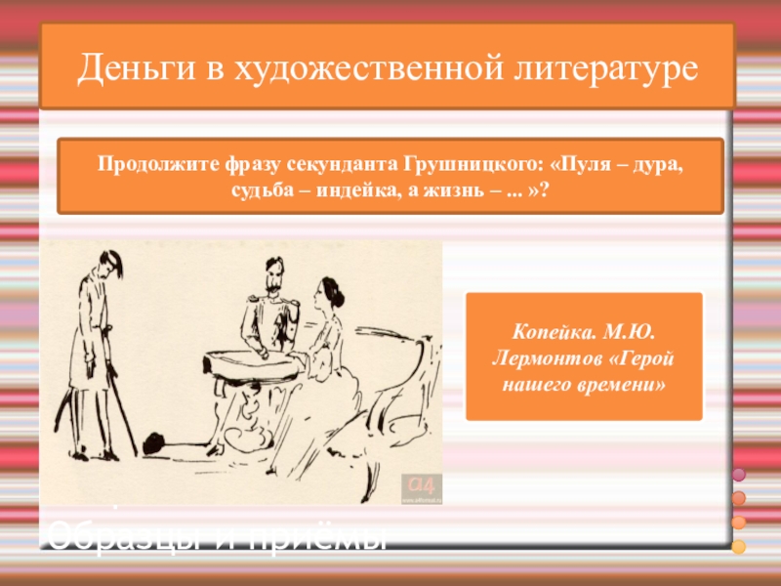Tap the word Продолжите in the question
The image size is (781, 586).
tap(147, 162)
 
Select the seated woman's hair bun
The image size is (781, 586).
tap(335, 289)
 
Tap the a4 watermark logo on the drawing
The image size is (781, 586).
tap(422, 484)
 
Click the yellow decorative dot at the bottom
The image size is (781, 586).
tap(739, 546)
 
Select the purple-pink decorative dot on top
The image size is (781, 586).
tap(739, 475)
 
